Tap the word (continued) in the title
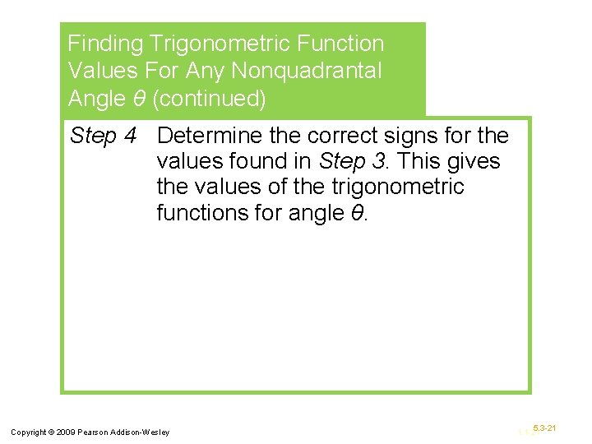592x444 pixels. (x=210, y=99)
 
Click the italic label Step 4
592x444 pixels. (x=103, y=136)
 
